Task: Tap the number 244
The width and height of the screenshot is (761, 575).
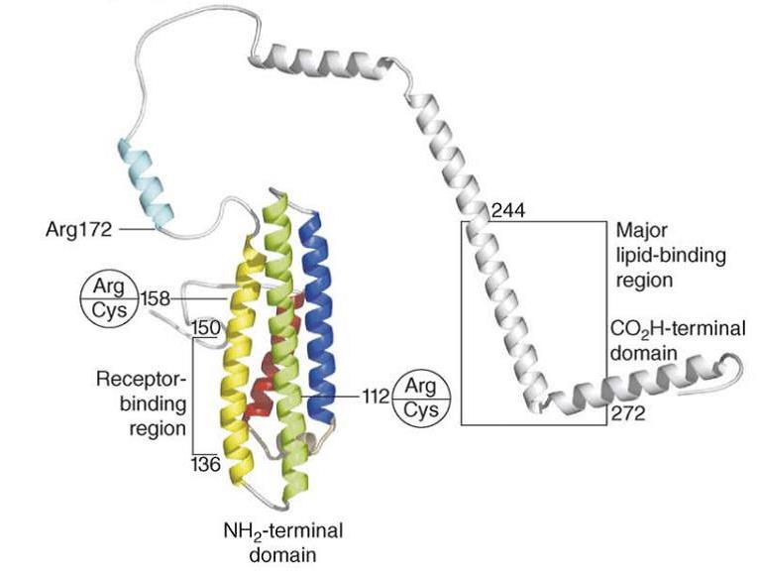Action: (507, 209)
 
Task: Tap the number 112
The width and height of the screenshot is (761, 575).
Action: (375, 397)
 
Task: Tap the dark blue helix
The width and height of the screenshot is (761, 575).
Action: (317, 307)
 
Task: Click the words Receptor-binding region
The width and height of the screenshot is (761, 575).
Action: (141, 403)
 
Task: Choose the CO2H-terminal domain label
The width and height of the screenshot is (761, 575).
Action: (678, 340)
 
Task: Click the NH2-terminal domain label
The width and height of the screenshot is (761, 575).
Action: (282, 539)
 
